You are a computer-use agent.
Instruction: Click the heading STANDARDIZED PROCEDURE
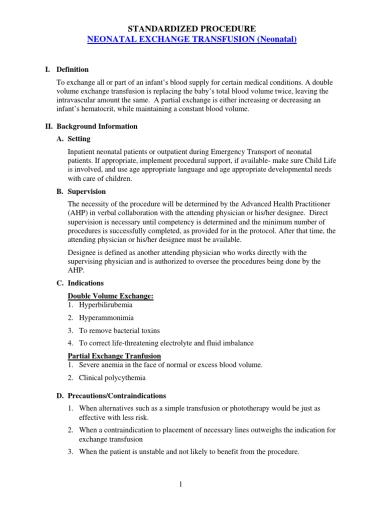pos(192,28)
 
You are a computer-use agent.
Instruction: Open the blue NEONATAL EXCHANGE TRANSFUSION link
pos(191,39)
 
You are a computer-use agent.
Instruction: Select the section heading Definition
pos(72,69)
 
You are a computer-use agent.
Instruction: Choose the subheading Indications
pos(85,283)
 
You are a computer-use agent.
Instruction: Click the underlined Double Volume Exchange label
pos(110,296)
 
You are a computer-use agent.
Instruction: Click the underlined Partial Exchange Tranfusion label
pos(114,356)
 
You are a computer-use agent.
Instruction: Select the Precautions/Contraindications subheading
pos(117,395)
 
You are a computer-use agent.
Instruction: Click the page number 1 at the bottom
pos(192,484)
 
